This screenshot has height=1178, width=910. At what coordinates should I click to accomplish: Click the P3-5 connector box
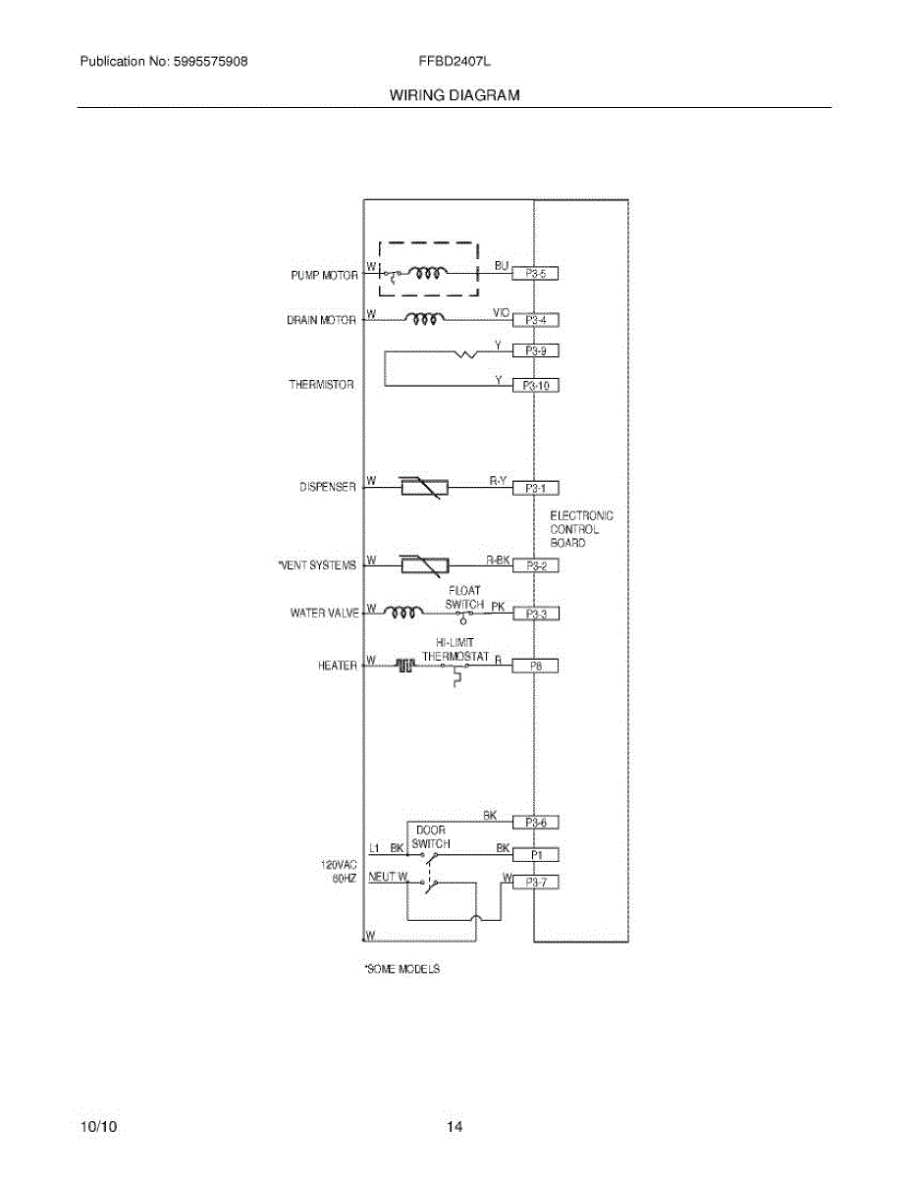pos(536,275)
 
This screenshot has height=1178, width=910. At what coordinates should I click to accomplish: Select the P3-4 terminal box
pos(536,320)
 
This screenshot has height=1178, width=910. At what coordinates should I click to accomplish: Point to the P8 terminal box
pos(536,666)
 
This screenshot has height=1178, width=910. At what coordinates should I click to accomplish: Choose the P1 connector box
pos(536,855)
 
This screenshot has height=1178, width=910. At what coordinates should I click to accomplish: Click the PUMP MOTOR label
pos(324,277)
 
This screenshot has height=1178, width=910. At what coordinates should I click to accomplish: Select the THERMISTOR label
pos(321,385)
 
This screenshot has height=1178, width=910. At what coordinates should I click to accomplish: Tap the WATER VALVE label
pos(324,614)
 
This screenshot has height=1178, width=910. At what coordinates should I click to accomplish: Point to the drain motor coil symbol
pos(425,319)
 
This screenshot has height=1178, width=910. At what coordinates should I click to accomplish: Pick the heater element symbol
pos(404,666)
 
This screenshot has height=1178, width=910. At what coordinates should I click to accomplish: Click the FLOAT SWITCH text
pos(464,598)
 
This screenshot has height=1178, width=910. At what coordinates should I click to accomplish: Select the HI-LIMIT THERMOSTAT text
pos(455,649)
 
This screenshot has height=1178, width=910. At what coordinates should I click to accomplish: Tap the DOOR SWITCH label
pos(431,836)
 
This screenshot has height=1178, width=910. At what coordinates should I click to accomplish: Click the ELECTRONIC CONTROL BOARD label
pos(581,529)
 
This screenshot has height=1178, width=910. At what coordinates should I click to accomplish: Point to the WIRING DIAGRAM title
pos(455,95)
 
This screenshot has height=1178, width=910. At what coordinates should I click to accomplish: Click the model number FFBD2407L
pos(455,61)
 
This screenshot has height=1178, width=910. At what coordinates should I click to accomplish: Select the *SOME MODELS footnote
pos(401,969)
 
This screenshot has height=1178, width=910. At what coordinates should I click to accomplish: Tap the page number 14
pos(455,1127)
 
